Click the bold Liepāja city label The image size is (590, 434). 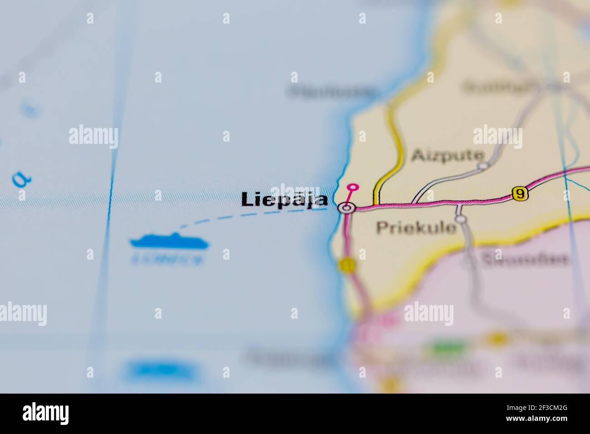coord(285,200)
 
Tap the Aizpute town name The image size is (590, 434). coord(447,156)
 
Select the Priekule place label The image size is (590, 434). coord(416,227)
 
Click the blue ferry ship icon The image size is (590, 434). coord(169,242)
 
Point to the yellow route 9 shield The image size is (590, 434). coord(520,193)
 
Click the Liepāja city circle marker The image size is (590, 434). coord(346,208)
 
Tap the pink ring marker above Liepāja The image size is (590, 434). coord(352,187)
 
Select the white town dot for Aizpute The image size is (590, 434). coord(483,166)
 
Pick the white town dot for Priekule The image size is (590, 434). coord(461,220)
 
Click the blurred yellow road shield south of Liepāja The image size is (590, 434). coord(347,265)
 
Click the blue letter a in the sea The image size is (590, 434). coord(20,181)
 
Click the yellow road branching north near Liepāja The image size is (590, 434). coord(394,150)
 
